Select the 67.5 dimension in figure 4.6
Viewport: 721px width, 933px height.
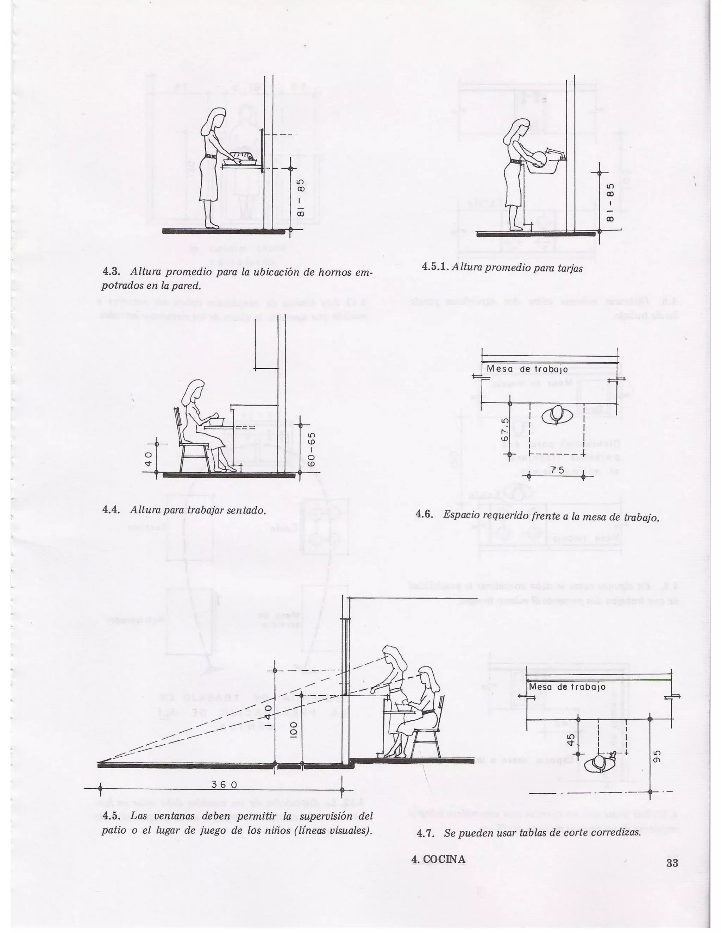coord(505,429)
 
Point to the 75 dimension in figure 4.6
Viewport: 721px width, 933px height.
coord(557,470)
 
